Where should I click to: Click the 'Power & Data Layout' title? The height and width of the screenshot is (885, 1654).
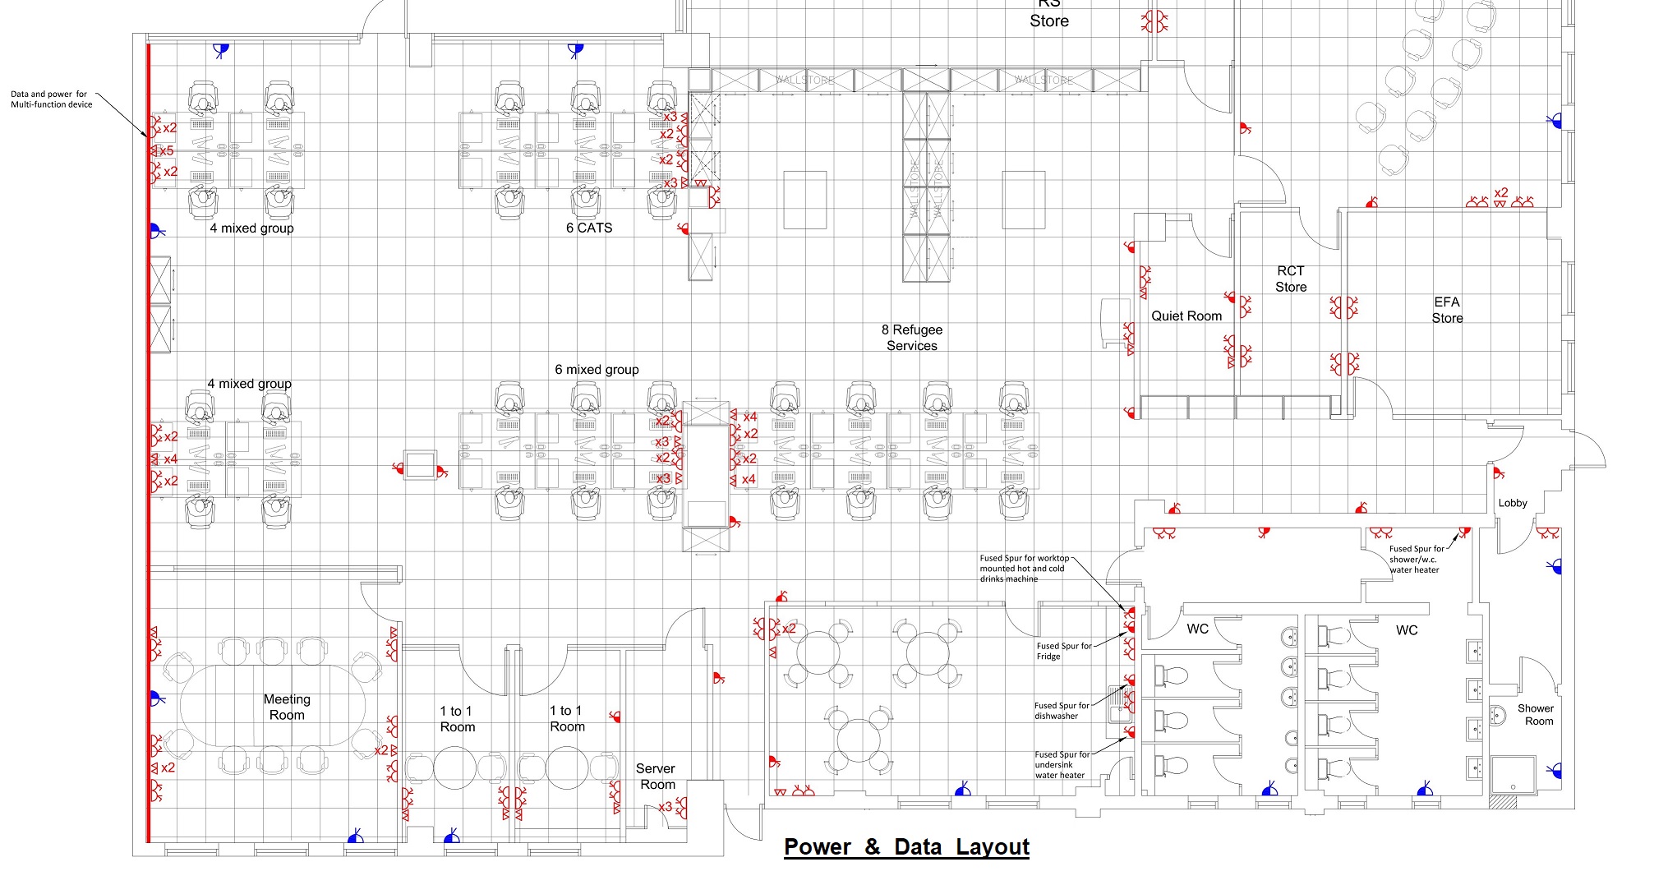click(x=906, y=847)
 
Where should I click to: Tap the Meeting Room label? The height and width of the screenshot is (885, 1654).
click(x=287, y=708)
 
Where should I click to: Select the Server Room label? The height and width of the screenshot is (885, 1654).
click(x=656, y=777)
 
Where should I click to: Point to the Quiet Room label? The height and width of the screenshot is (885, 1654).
click(x=1186, y=316)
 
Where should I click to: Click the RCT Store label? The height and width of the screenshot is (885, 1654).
click(x=1290, y=279)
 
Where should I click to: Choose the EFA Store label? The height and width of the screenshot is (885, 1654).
click(x=1447, y=311)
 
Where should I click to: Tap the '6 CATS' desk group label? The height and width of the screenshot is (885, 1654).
click(x=589, y=228)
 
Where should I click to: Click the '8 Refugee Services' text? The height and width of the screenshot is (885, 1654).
click(x=912, y=338)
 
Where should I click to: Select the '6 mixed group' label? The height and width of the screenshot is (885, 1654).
click(x=597, y=370)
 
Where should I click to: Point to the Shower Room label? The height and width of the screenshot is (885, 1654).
click(x=1536, y=715)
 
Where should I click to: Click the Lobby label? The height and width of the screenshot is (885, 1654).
click(x=1513, y=504)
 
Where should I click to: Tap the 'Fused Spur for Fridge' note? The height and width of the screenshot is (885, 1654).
click(x=1063, y=652)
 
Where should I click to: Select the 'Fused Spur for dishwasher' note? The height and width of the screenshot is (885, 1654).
click(x=1061, y=711)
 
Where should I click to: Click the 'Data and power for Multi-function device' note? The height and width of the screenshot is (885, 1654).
click(x=51, y=99)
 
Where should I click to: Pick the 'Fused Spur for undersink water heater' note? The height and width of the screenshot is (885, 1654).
click(x=1061, y=765)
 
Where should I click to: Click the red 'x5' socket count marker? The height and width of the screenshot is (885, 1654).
click(x=166, y=151)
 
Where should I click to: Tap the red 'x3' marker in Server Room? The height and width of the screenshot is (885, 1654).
click(x=665, y=808)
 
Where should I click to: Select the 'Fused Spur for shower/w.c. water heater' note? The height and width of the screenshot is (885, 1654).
click(x=1415, y=560)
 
